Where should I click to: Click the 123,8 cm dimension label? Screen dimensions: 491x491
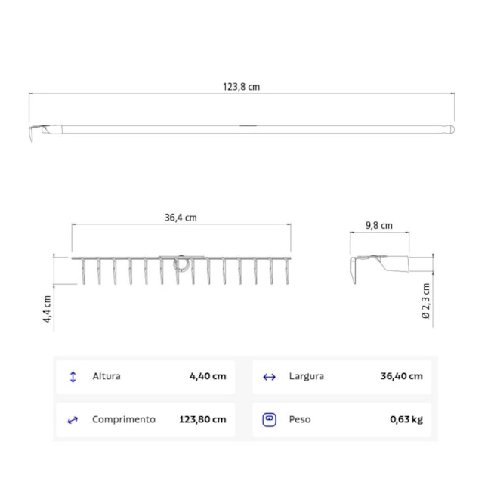click(241, 87)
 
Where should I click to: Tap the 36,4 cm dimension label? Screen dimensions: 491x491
click(181, 218)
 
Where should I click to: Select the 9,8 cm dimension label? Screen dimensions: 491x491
click(378, 225)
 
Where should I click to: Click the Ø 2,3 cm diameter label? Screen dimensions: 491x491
click(425, 301)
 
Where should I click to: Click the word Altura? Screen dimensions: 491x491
click(106, 376)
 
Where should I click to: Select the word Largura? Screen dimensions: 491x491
click(306, 376)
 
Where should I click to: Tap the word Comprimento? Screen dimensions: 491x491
click(124, 419)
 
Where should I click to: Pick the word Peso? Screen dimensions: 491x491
click(299, 419)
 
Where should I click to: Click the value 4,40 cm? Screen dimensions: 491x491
click(208, 376)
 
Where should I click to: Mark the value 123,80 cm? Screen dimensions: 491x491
click(203, 419)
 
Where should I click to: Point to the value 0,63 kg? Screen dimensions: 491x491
click(406, 419)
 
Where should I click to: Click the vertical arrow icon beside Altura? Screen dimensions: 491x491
click(73, 376)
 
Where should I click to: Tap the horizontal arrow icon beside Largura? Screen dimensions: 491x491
click(269, 376)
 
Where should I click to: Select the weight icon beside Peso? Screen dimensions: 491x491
click(269, 419)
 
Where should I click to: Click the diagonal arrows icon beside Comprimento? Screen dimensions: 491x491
click(73, 420)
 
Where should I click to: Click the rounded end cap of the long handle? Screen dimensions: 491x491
click(451, 130)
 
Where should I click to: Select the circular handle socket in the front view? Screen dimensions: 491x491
click(181, 264)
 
